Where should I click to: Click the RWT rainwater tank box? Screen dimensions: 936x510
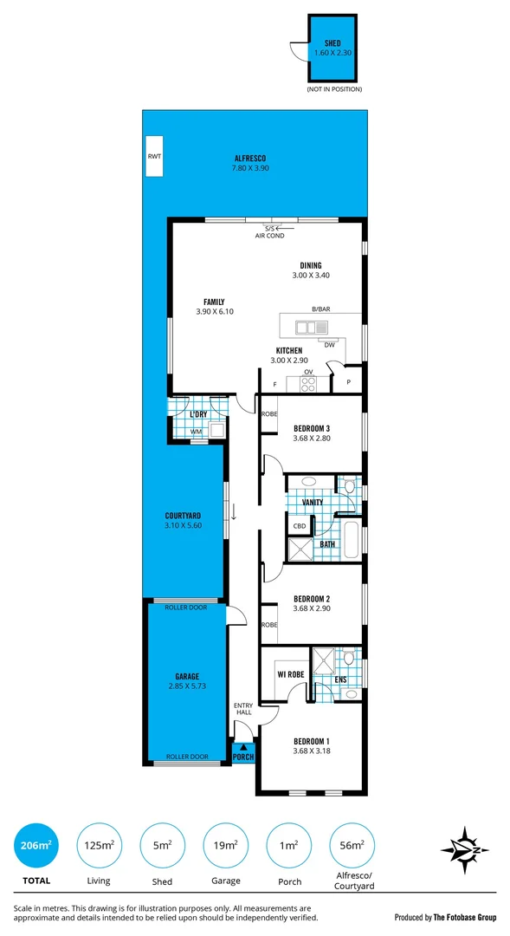pos(154,157)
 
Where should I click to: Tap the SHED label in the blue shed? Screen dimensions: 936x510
pos(332,42)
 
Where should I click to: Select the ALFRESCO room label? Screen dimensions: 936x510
pos(249,158)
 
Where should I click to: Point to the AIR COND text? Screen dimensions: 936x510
pos(269,236)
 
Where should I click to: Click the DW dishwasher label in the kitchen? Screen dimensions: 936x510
pos(330,345)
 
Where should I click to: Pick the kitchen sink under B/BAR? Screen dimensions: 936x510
pos(311,328)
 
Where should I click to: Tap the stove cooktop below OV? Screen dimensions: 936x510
pos(307,382)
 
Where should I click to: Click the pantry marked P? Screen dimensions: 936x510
pos(349,381)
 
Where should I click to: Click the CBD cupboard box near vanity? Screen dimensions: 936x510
pos(300,526)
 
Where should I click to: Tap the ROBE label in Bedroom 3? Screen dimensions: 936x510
pos(269,415)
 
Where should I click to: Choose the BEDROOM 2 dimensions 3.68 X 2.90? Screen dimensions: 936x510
pos(312,611)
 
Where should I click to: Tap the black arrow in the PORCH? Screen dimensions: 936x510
pos(243,746)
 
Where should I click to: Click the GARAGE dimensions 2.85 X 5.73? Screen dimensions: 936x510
pos(187,686)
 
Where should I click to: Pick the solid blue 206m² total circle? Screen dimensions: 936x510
pos(36,845)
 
